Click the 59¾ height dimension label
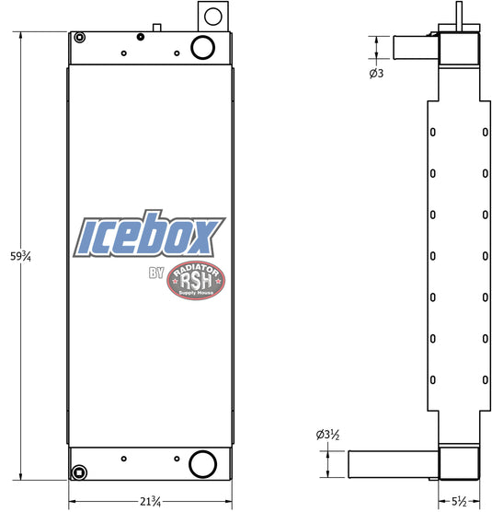tap(20, 256)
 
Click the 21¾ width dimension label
tap(150, 501)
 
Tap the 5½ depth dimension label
tap(459, 501)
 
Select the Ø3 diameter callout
tap(376, 73)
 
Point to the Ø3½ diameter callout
tap(327, 435)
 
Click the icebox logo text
tap(149, 233)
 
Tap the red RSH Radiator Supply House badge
tap(196, 281)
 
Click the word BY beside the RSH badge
tap(156, 273)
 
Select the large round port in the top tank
tap(202, 47)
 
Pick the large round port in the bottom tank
tap(203, 464)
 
